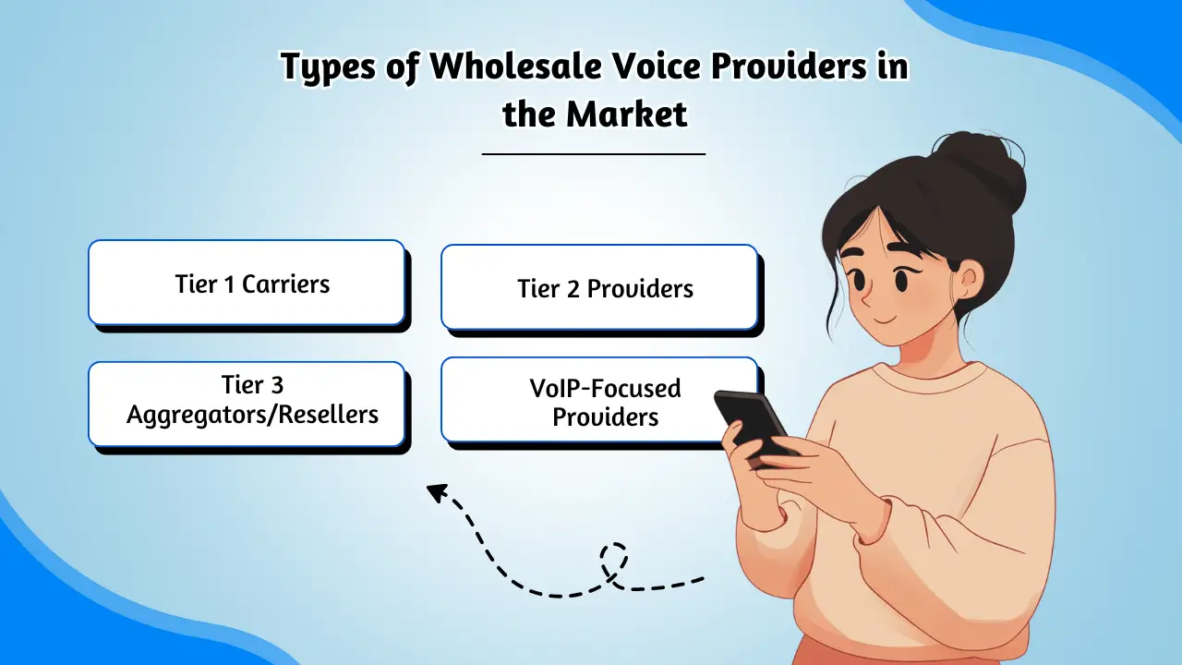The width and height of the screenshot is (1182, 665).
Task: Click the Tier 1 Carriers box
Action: (247, 283)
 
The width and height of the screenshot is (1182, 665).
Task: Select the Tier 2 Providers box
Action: (599, 287)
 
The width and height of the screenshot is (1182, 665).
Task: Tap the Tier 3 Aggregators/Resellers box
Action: (247, 404)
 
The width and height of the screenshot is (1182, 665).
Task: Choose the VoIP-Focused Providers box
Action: (599, 400)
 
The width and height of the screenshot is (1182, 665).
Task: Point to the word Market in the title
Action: (627, 114)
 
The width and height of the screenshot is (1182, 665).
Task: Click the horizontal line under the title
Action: (594, 153)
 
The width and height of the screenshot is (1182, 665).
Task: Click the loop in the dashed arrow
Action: (613, 560)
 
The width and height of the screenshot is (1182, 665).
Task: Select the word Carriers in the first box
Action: (285, 284)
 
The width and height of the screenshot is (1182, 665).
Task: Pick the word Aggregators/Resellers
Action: (252, 415)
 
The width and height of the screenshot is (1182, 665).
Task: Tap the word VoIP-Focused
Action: (605, 388)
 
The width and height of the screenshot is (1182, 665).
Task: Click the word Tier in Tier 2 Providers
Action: (537, 288)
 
